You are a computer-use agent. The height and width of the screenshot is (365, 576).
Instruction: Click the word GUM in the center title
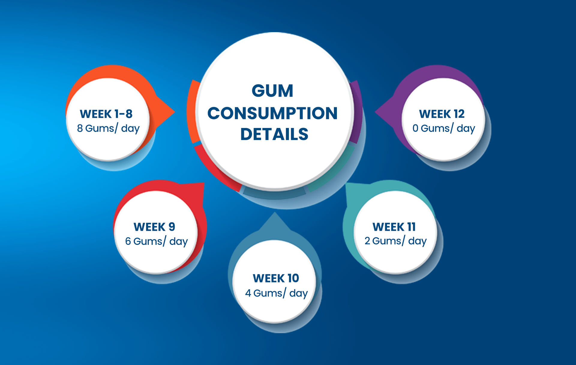click(x=272, y=91)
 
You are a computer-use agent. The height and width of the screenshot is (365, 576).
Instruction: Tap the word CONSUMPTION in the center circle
click(x=272, y=113)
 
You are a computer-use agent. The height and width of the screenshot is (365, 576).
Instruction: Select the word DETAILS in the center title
click(x=274, y=134)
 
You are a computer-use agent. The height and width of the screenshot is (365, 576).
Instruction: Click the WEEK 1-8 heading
click(x=106, y=114)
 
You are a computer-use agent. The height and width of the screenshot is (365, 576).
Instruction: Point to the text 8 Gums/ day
click(x=108, y=128)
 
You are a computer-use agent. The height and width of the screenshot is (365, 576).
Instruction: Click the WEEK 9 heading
click(x=154, y=227)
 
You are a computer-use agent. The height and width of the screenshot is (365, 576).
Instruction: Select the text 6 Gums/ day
click(x=156, y=241)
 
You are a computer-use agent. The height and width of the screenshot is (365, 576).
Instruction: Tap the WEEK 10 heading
click(x=276, y=278)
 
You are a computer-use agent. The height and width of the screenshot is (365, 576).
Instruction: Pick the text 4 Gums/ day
click(x=276, y=293)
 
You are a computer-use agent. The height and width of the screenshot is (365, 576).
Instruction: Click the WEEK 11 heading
click(x=394, y=227)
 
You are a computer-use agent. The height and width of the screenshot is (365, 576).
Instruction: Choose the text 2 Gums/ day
click(x=396, y=241)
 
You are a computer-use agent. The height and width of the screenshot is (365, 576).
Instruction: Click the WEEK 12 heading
click(x=442, y=114)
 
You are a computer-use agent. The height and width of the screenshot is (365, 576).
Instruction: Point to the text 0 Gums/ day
click(x=444, y=128)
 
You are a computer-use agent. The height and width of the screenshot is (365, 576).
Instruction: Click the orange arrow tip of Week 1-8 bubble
click(x=175, y=112)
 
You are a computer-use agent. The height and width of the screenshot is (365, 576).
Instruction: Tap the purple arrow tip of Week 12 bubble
click(x=375, y=112)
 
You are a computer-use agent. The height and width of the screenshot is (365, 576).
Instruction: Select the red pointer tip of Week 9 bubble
click(x=204, y=183)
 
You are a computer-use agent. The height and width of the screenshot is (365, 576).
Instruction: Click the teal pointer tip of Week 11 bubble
click(x=346, y=183)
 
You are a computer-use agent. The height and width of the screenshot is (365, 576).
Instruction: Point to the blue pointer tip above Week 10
click(x=274, y=212)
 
